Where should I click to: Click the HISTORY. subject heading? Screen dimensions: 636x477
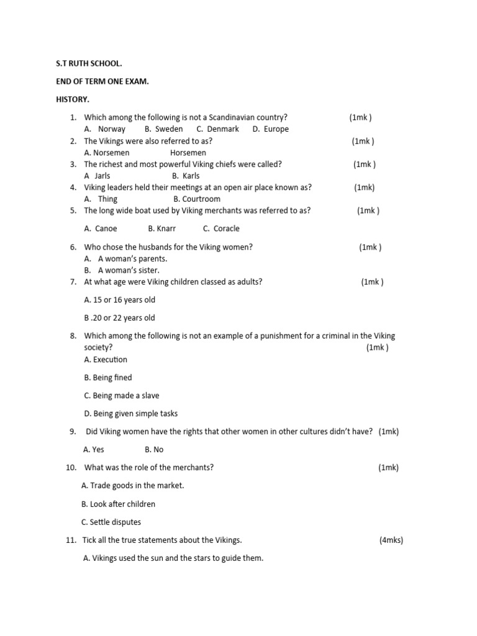[x=73, y=99]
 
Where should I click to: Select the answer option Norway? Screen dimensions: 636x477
[x=111, y=129]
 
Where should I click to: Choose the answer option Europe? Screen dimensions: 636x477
[x=276, y=129]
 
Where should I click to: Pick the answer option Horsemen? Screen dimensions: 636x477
[x=188, y=153]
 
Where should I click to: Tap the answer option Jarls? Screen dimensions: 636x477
[x=102, y=176]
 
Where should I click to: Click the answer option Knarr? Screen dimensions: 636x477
[x=166, y=229]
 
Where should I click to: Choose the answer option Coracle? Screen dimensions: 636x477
[x=226, y=229]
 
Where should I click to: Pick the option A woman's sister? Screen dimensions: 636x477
[x=129, y=271]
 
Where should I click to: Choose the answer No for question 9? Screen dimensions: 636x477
[x=158, y=450]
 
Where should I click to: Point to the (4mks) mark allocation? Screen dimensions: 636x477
[x=391, y=540]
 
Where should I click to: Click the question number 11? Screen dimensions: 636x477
[x=70, y=540]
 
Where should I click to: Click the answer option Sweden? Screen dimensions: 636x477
[x=168, y=129]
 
